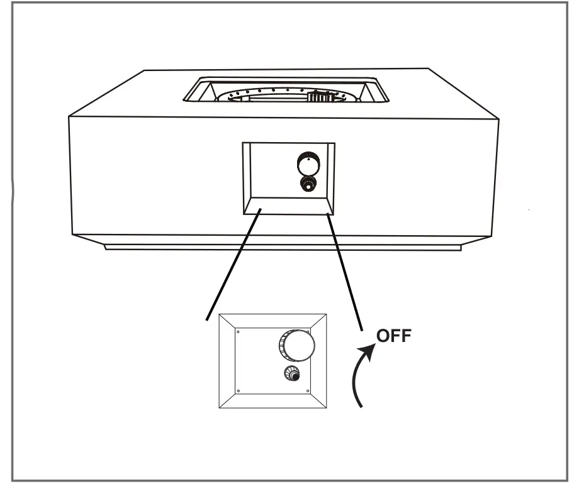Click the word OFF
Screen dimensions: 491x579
click(393, 336)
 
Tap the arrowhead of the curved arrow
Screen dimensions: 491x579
click(370, 347)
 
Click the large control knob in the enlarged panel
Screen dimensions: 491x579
click(296, 344)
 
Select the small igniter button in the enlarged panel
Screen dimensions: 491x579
click(291, 374)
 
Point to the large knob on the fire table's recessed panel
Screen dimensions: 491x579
click(308, 165)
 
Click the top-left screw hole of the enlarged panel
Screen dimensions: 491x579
click(238, 328)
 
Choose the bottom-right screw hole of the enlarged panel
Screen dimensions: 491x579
click(307, 392)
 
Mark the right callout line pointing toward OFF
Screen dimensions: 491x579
click(345, 270)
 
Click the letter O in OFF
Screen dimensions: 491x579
click(382, 336)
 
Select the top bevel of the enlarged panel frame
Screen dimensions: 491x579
click(272, 319)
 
